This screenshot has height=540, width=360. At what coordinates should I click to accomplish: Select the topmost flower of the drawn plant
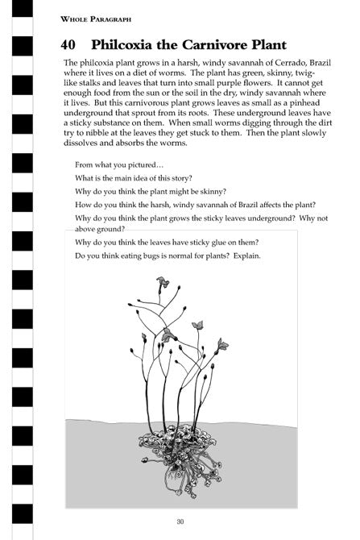pyautogui.click(x=163, y=281)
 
